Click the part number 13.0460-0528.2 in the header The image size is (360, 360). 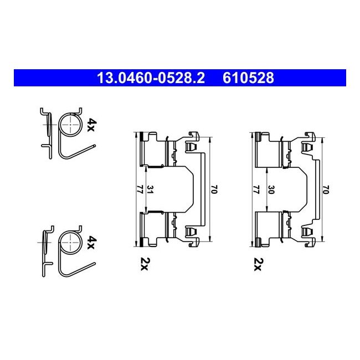[151, 78]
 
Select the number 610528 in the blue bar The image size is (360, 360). [248, 78]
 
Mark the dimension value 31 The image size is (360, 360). [150, 189]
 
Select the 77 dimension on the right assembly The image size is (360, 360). [254, 190]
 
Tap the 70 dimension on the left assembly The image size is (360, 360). [213, 190]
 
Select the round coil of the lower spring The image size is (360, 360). [70, 242]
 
